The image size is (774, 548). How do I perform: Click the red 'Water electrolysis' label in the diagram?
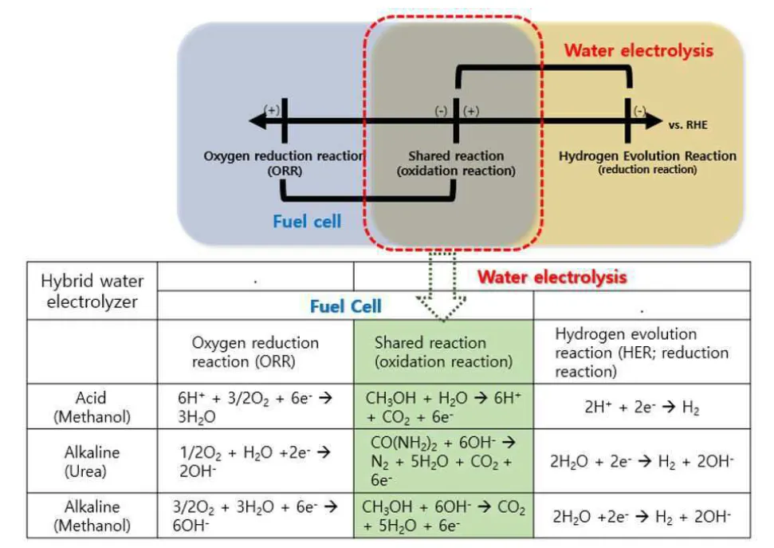pos(638,50)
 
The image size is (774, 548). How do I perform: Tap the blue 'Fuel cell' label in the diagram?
pos(307,222)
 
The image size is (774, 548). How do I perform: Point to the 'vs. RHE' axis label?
pos(688,124)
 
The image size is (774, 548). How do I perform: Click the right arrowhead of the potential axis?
pos(654,120)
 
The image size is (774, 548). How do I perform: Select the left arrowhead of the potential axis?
pos(257,120)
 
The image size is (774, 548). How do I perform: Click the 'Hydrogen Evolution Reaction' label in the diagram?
pos(647,156)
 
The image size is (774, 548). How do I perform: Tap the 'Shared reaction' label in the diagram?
pos(456,156)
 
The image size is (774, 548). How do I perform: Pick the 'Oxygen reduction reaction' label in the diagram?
pos(284,156)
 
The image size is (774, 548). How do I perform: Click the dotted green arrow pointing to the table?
pos(442,286)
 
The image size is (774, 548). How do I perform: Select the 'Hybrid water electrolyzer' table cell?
pos(92,290)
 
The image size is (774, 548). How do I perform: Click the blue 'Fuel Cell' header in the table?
pos(345,306)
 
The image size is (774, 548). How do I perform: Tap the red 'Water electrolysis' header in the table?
pos(552,277)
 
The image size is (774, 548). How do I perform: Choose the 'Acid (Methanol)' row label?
pos(92,407)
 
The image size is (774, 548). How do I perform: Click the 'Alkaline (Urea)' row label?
pos(92,461)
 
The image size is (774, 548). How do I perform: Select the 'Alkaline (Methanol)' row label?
pos(92,515)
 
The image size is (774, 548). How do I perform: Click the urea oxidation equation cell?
pos(443,461)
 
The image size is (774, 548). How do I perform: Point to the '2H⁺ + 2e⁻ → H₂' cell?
pos(642,407)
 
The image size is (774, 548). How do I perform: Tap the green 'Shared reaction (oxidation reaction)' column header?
pos(443,352)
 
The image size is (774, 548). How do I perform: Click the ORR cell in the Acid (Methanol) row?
pos(255,407)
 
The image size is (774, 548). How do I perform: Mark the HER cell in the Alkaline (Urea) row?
pos(642,461)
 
